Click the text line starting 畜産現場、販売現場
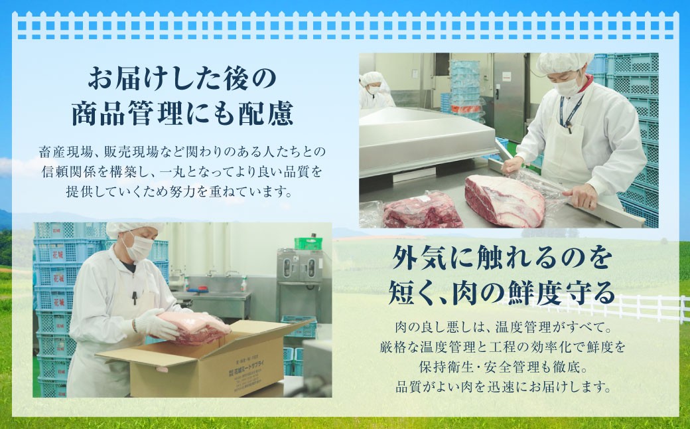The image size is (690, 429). click(181, 152)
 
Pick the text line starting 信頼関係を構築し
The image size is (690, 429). click(181, 173)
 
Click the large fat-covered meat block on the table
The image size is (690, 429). click(504, 200)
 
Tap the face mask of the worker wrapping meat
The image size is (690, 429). click(568, 86)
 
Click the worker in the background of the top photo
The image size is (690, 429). click(375, 92)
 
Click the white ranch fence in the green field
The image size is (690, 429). click(637, 307)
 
